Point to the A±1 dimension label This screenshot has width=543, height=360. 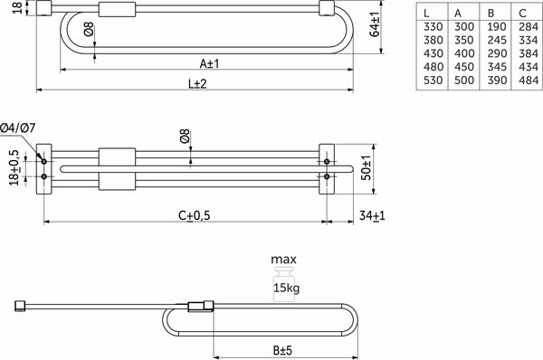tap(209, 62)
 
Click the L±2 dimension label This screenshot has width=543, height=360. tap(197, 84)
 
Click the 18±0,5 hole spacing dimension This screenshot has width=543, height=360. tap(14, 167)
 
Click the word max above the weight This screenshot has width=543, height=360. tap(284, 260)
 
